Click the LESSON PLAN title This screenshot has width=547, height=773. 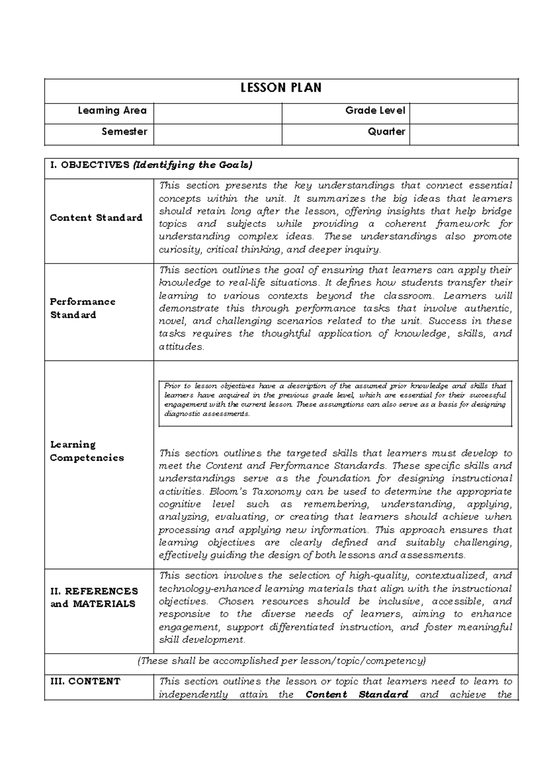(x=281, y=88)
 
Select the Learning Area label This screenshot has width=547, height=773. (x=112, y=110)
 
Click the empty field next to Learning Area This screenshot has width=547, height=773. (x=217, y=113)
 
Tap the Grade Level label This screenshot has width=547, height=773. (x=375, y=110)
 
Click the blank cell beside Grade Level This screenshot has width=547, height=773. (x=464, y=113)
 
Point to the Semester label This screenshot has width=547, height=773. (x=124, y=132)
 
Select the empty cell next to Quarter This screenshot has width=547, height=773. (x=464, y=134)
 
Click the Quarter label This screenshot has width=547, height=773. (x=386, y=132)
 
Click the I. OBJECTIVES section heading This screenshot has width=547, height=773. (x=151, y=165)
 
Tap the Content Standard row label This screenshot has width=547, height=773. (x=96, y=218)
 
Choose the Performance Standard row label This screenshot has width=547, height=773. (x=83, y=308)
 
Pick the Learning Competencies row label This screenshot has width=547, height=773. (x=87, y=451)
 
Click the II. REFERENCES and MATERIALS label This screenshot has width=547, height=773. (x=93, y=598)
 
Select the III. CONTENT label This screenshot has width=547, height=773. (x=85, y=681)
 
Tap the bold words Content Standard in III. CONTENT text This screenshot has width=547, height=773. (x=356, y=695)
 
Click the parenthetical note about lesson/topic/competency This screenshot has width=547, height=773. (x=281, y=661)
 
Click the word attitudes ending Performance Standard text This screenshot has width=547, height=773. (x=180, y=347)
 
